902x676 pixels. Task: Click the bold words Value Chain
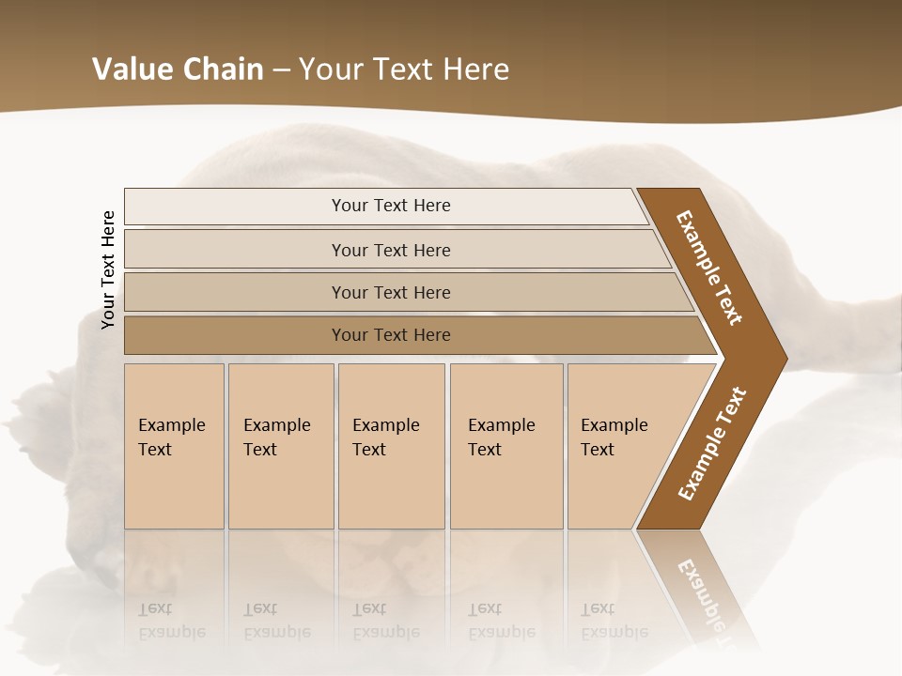coord(178,69)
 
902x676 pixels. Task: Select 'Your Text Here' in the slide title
coord(404,69)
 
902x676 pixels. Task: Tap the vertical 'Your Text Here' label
coord(108,270)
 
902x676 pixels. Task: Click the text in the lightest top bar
coord(391,206)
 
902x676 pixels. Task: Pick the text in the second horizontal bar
coord(391,251)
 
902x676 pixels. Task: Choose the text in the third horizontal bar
coord(391,293)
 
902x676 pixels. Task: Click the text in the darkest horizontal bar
coord(391,335)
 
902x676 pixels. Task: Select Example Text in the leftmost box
coord(171,438)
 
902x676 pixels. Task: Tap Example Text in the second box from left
coord(276,438)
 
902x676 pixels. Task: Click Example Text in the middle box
coord(385,438)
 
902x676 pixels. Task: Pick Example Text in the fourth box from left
coord(501,438)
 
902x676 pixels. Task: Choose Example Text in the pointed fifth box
coord(614,438)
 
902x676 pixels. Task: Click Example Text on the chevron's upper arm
coord(709,268)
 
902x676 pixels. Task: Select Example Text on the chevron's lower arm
coord(712,443)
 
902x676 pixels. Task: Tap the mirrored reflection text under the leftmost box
coord(171,621)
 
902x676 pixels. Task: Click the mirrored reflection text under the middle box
coord(385,621)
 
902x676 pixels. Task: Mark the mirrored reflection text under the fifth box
coord(614,621)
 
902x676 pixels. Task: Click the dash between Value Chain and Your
coord(281,70)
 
